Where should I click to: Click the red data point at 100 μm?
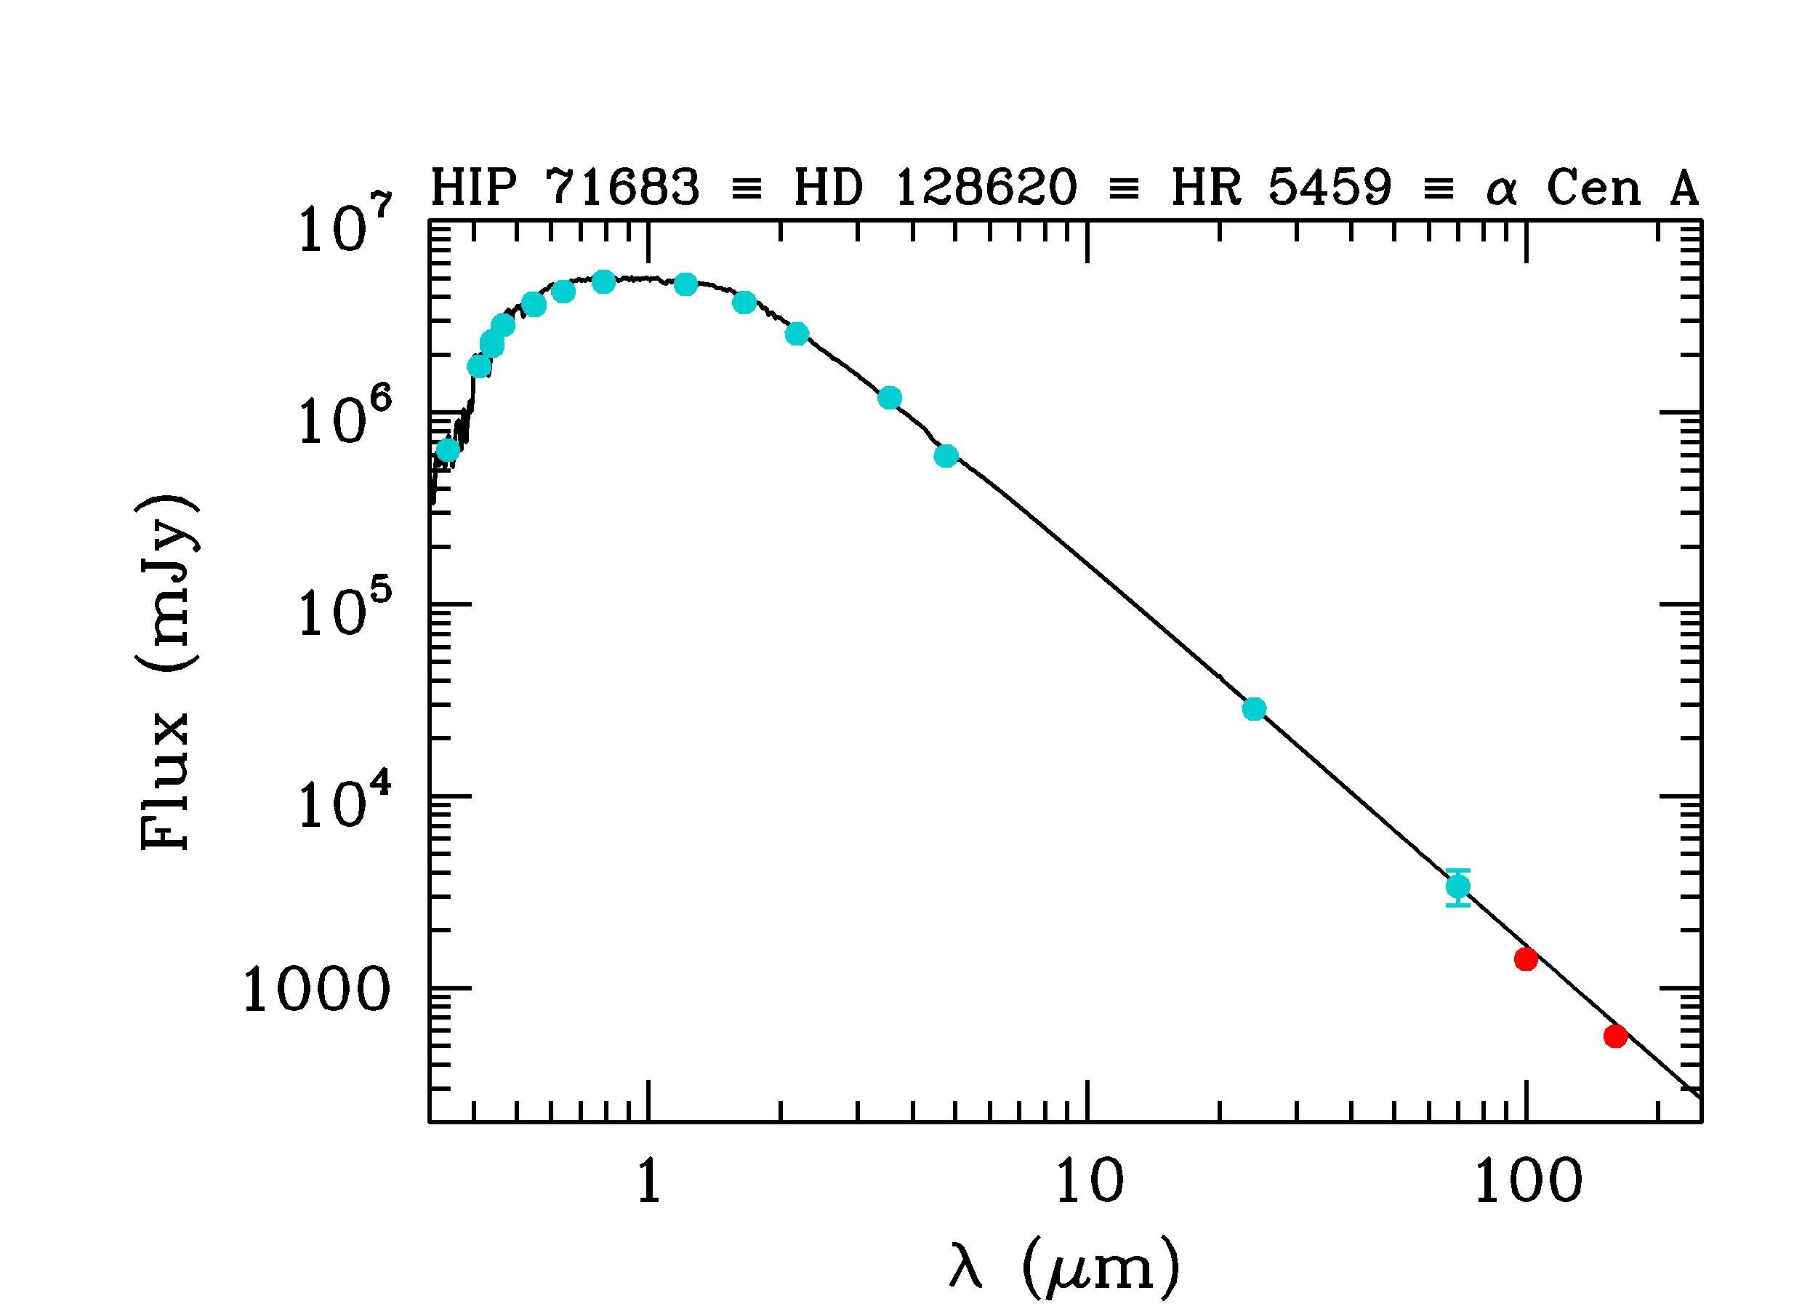[x=1526, y=959]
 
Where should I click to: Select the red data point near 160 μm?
[x=1615, y=1036]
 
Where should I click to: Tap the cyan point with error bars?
[x=1458, y=886]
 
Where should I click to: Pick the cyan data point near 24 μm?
[x=1254, y=708]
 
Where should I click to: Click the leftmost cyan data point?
[x=448, y=451]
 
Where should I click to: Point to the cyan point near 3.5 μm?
[x=890, y=397]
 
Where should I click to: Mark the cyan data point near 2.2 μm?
[x=797, y=334]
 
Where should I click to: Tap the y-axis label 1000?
[x=316, y=990]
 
